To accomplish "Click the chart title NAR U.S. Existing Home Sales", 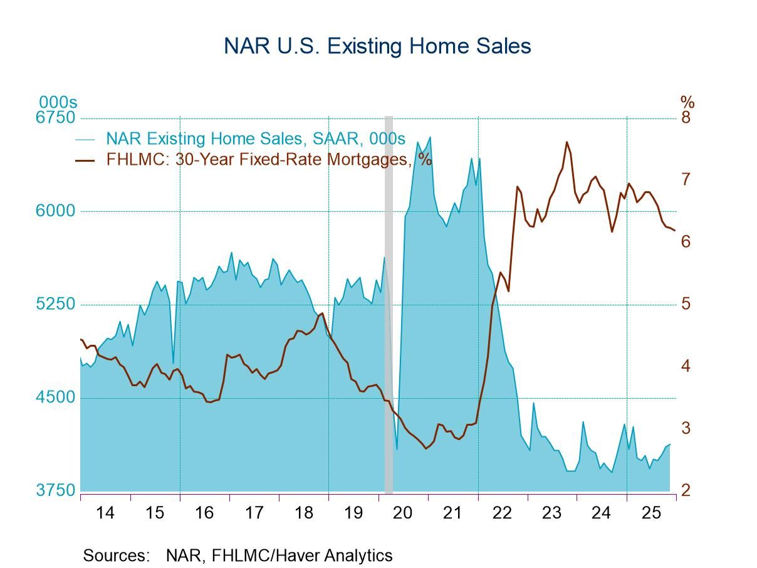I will click(x=377, y=46).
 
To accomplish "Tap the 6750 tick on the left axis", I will click(x=57, y=118).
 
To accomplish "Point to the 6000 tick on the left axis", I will click(x=57, y=211).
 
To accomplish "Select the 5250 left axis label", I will click(x=57, y=305).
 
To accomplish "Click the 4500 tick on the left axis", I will click(x=57, y=397).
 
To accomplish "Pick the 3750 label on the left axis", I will click(x=57, y=490).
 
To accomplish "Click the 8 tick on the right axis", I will click(x=686, y=118).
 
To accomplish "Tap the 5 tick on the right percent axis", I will click(x=686, y=305).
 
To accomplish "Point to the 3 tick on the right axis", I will click(x=686, y=428).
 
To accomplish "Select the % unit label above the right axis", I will click(x=687, y=102).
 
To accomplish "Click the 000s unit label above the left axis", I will click(x=58, y=102).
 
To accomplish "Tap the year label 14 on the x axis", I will click(x=105, y=513).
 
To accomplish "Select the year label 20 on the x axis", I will click(x=403, y=513).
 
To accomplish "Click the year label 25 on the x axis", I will click(x=651, y=513).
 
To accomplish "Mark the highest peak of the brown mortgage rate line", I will click(x=566, y=142).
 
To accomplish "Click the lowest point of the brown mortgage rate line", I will click(x=426, y=448).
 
